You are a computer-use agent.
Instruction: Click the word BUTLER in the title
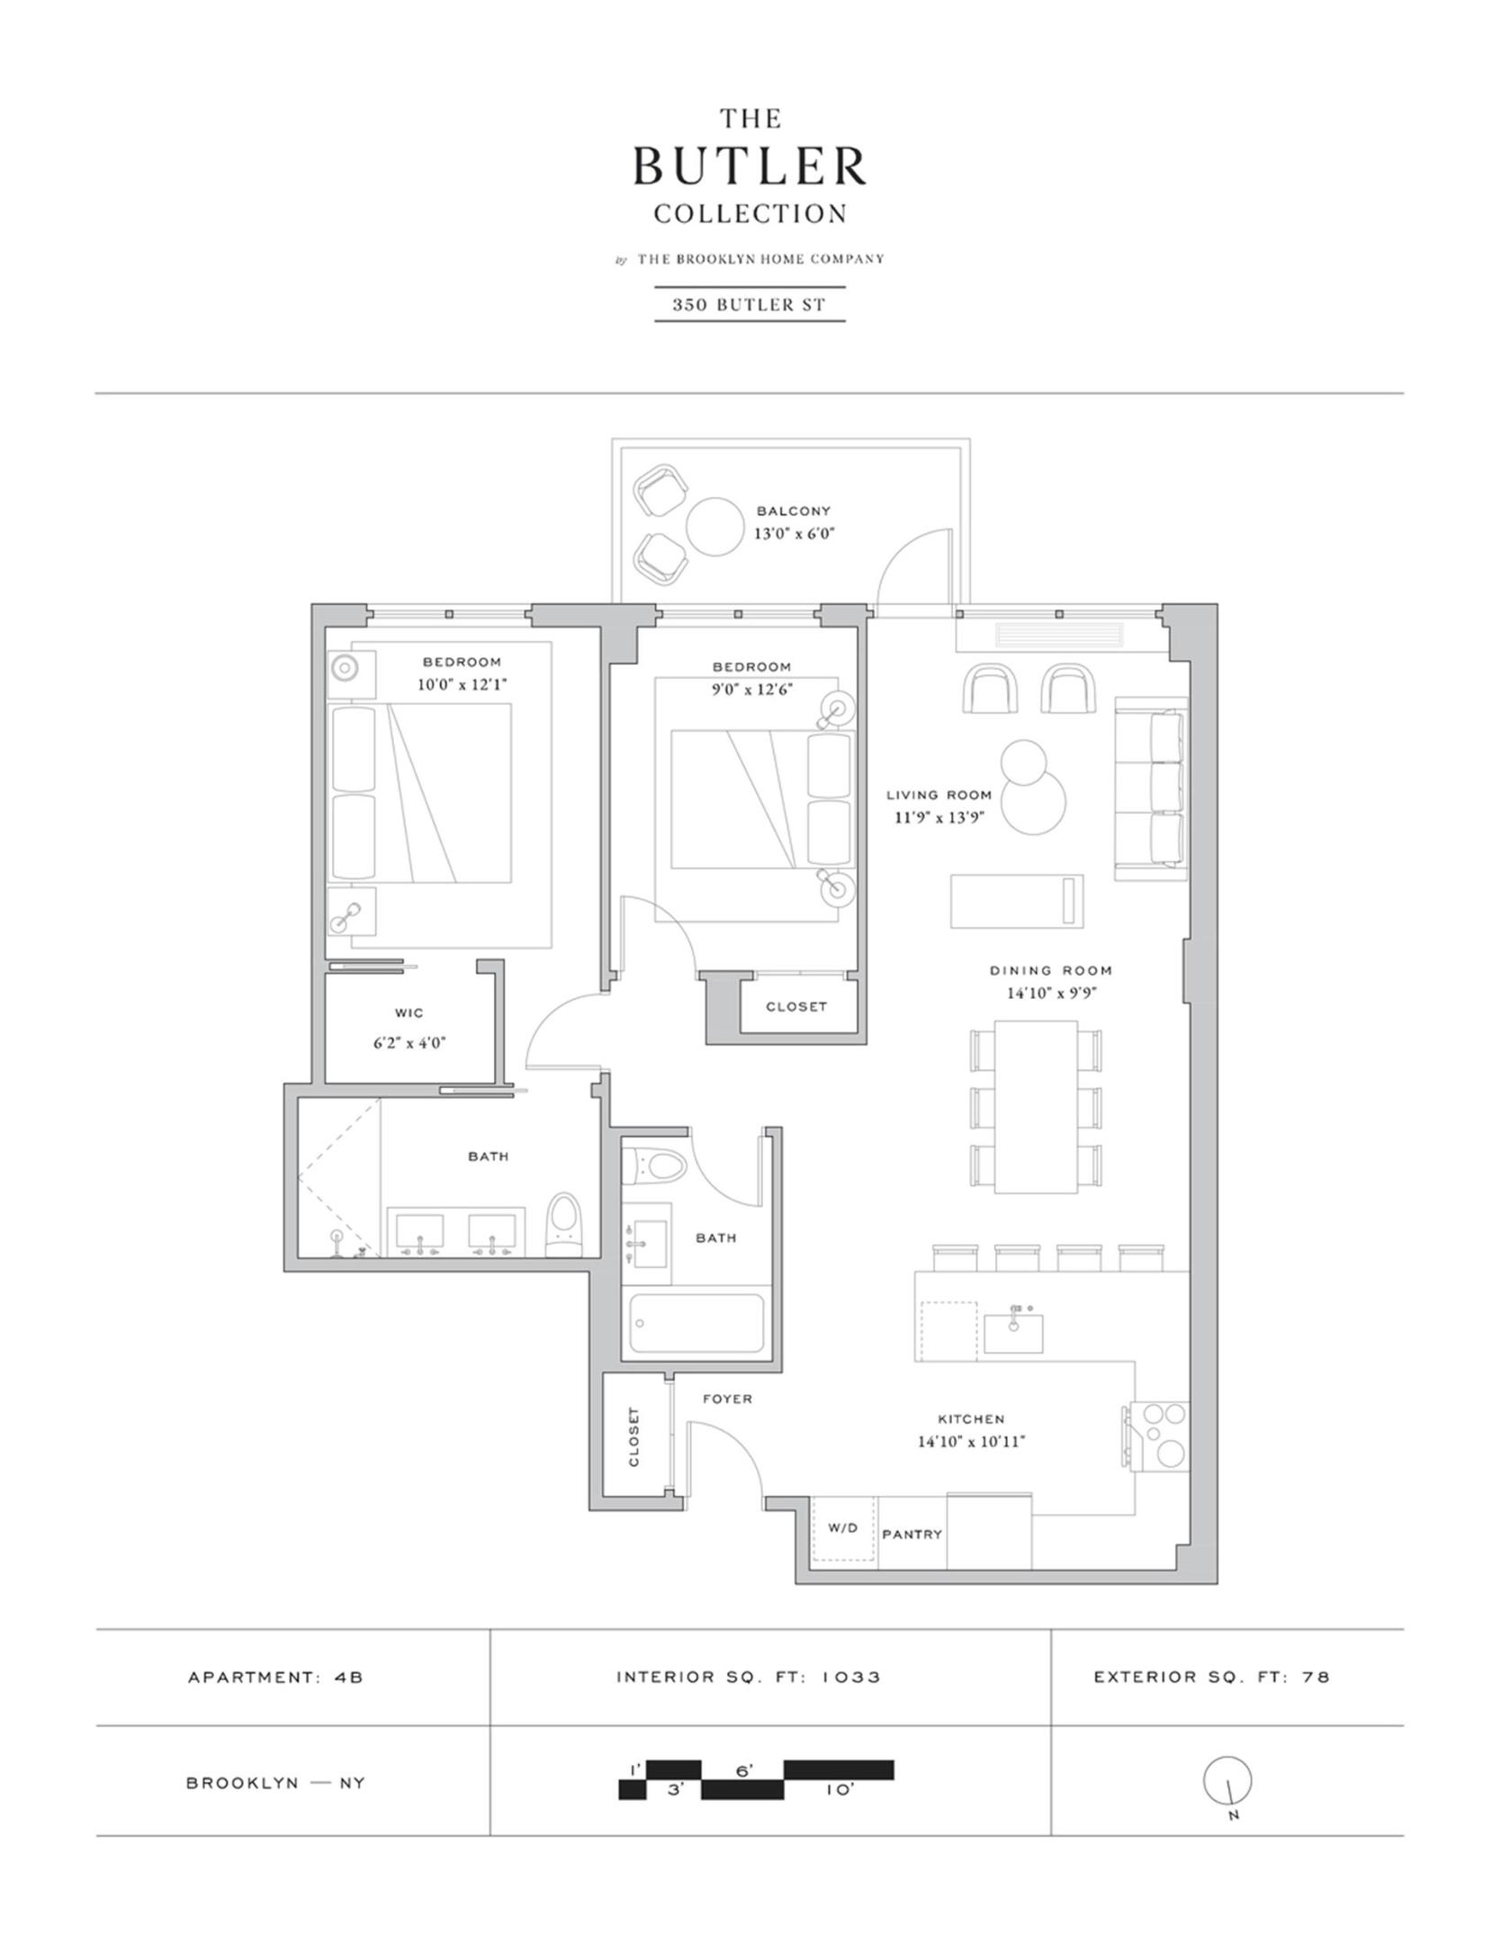pyautogui.click(x=750, y=166)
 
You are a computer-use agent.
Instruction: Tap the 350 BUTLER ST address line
pyautogui.click(x=750, y=304)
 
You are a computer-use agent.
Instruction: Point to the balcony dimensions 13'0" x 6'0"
pyautogui.click(x=795, y=533)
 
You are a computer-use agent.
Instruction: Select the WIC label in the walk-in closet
pyautogui.click(x=409, y=1012)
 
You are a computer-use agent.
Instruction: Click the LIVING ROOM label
pyautogui.click(x=939, y=795)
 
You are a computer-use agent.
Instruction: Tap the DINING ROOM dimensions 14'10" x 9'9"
pyautogui.click(x=1052, y=994)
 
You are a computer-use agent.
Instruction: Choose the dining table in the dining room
pyautogui.click(x=1037, y=1107)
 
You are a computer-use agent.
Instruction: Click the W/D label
pyautogui.click(x=842, y=1527)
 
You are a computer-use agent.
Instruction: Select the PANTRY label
pyautogui.click(x=912, y=1534)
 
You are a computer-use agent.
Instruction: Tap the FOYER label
pyautogui.click(x=727, y=1399)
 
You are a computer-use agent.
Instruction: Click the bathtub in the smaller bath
pyautogui.click(x=697, y=1323)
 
